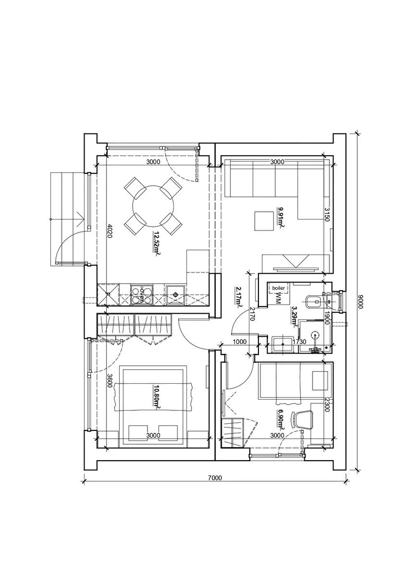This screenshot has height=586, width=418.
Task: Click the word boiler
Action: (278, 288)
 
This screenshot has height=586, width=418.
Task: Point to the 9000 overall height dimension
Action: (361, 302)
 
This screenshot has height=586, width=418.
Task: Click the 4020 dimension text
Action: (110, 231)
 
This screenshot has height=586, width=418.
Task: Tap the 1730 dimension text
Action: (299, 342)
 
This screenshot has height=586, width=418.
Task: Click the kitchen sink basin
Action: (176, 295)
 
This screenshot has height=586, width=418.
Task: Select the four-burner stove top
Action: (141, 295)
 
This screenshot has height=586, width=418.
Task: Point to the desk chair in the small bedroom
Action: (302, 420)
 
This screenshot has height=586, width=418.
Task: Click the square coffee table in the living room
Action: (264, 221)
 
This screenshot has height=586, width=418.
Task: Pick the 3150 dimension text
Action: (326, 215)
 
